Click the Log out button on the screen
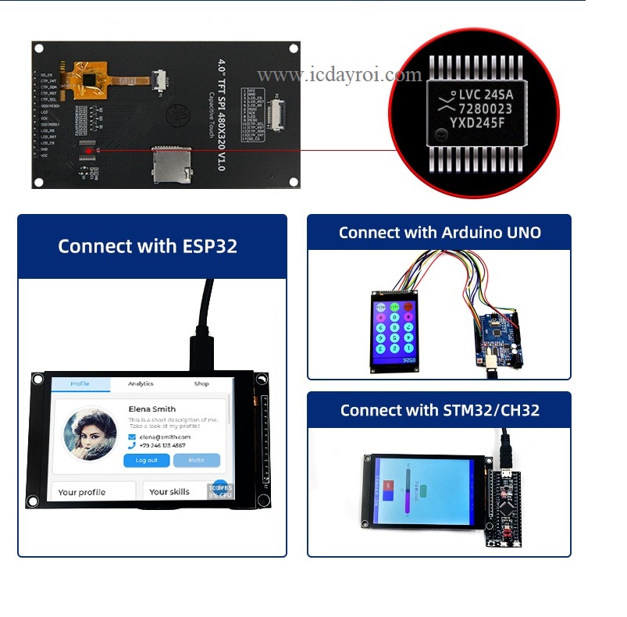coord(146,460)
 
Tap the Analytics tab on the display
coord(141,383)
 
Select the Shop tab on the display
coord(201,383)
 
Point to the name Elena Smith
coord(151,408)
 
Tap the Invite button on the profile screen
coord(196,460)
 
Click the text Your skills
coord(169,492)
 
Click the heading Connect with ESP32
coord(148,247)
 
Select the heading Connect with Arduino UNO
coord(440,233)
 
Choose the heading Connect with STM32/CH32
coord(440,410)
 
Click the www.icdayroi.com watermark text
coord(339,76)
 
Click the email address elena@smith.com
coord(165,437)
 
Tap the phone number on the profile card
coord(162,445)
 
